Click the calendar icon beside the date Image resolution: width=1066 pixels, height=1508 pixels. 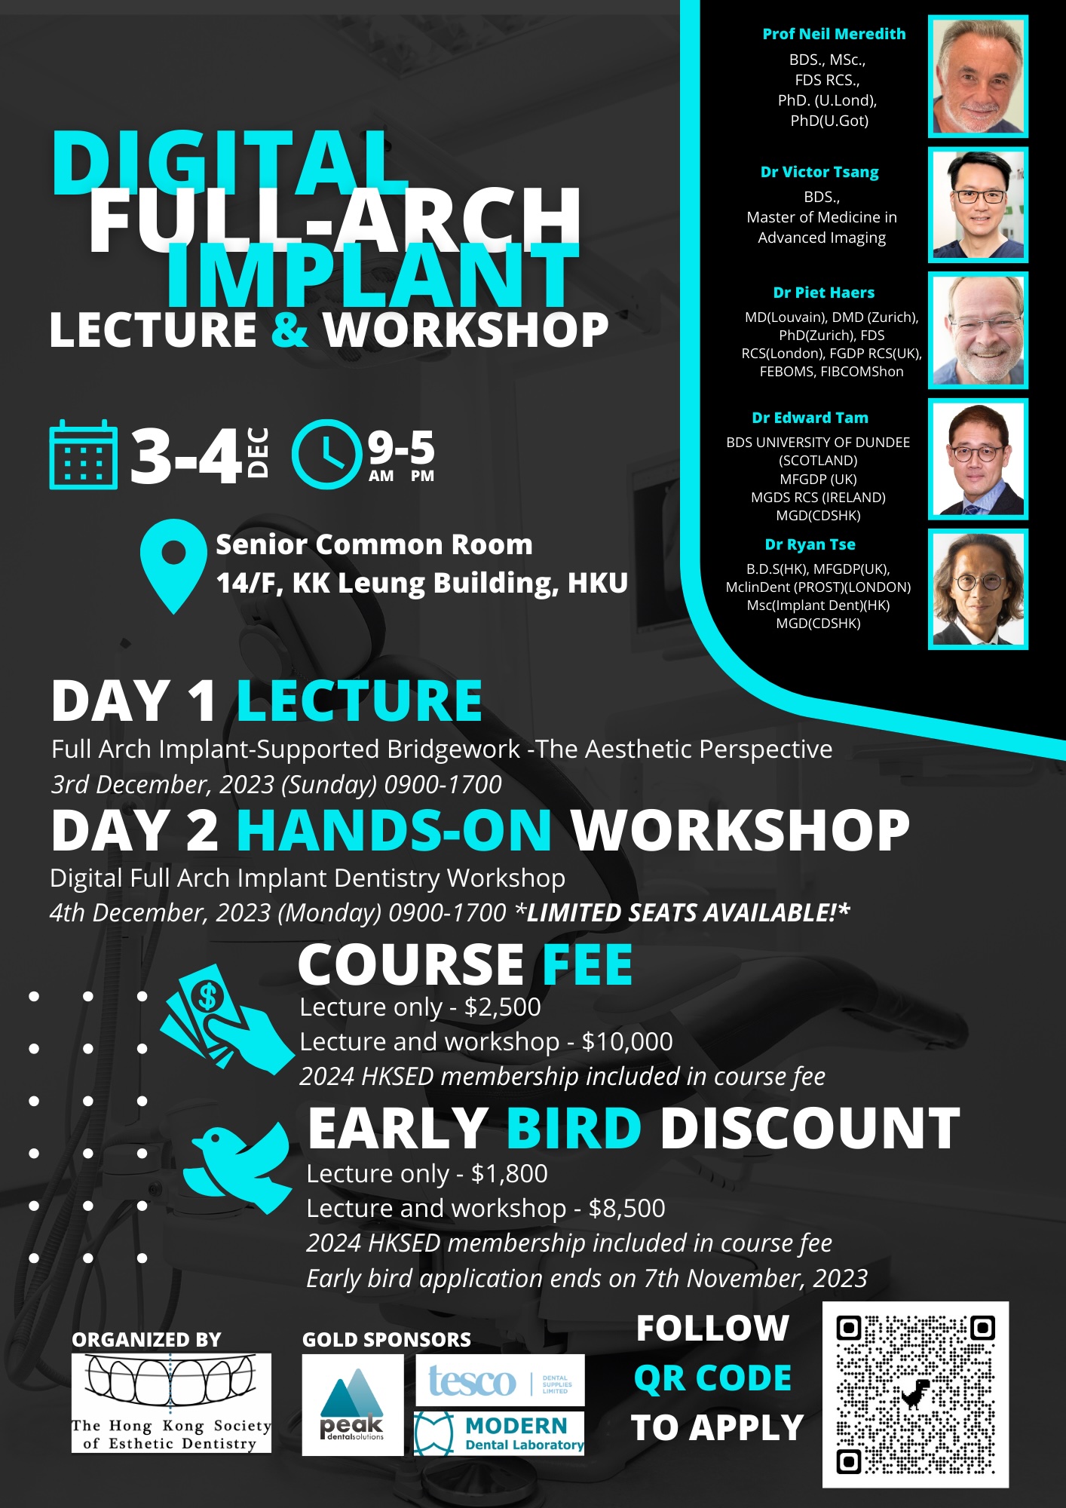83,455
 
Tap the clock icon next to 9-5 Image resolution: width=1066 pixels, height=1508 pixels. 326,454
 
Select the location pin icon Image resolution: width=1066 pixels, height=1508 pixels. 173,565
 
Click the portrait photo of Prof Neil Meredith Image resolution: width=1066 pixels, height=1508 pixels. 978,76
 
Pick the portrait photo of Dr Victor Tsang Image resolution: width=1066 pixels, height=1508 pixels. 978,205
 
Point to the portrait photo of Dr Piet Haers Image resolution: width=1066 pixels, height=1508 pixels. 978,330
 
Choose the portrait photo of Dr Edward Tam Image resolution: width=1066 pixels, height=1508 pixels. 978,459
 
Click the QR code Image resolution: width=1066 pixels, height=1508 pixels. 915,1395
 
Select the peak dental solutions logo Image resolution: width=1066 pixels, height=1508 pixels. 352,1405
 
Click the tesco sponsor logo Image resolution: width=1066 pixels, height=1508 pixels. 500,1381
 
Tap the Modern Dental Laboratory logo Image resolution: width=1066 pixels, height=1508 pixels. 499,1433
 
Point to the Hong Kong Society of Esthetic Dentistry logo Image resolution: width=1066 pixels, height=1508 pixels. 171,1403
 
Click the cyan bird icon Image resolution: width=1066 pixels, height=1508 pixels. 238,1167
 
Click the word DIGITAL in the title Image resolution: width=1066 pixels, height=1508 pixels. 231,163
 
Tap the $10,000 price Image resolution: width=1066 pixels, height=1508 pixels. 627,1042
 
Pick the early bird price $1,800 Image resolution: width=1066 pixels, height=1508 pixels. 510,1174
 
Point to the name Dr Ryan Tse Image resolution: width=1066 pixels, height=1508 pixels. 810,544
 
